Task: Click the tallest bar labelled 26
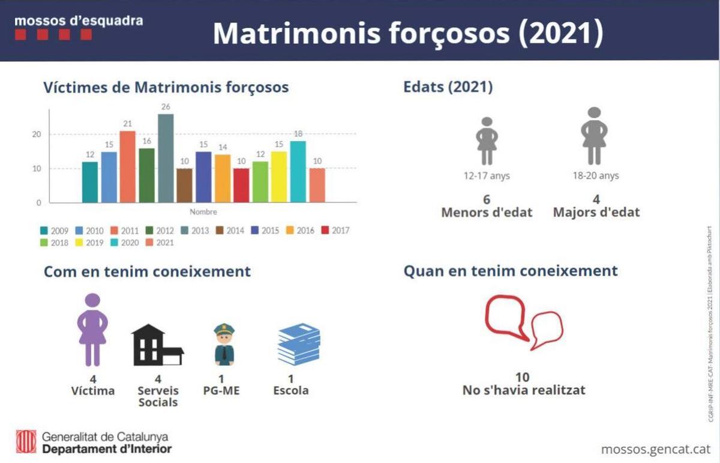tap(166, 158)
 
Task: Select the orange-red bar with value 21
tap(128, 166)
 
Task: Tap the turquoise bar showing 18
tap(298, 171)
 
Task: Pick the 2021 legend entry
tap(160, 243)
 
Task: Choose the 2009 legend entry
tap(53, 230)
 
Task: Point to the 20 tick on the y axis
tap(37, 134)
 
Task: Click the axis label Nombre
tap(203, 212)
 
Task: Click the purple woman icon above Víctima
tap(92, 330)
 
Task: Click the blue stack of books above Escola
tap(299, 344)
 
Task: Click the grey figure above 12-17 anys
tap(487, 141)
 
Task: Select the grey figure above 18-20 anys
tap(594, 136)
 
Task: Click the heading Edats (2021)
tap(448, 87)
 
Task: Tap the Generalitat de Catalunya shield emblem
tap(26, 443)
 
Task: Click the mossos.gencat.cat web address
tap(655, 449)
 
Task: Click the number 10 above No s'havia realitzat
tap(523, 377)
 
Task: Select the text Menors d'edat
tap(487, 212)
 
